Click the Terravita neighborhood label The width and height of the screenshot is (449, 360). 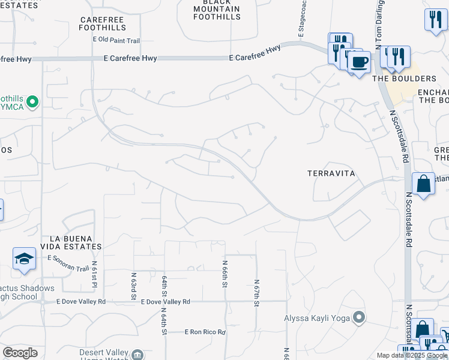pyautogui.click(x=331, y=173)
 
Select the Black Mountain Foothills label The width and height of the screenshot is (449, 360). pyautogui.click(x=217, y=9)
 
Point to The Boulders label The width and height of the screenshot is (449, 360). pyautogui.click(x=405, y=79)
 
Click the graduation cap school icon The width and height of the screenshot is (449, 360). pyautogui.click(x=23, y=258)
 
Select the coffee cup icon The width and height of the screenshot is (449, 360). pyautogui.click(x=360, y=62)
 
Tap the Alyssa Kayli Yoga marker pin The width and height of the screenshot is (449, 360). pyautogui.click(x=359, y=317)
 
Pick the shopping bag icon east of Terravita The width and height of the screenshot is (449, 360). pyautogui.click(x=423, y=184)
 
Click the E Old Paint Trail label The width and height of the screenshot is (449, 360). pyautogui.click(x=116, y=40)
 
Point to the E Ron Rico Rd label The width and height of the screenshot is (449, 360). pyautogui.click(x=205, y=332)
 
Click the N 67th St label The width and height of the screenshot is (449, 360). pyautogui.click(x=256, y=293)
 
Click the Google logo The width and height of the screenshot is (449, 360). pyautogui.click(x=20, y=353)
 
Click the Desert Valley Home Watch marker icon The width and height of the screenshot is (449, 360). pyautogui.click(x=137, y=355)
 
